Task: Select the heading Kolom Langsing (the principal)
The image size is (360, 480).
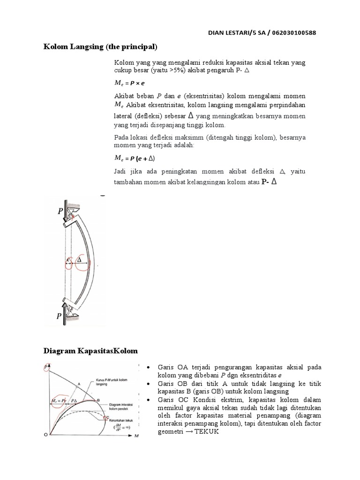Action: (100, 47)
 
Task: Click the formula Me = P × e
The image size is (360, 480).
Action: (130, 82)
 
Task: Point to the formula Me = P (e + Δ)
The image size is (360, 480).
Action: (135, 158)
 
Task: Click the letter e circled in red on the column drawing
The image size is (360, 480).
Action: (69, 259)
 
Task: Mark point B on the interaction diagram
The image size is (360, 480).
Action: (99, 400)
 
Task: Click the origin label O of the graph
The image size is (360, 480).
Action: (45, 435)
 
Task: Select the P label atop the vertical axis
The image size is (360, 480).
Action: (46, 366)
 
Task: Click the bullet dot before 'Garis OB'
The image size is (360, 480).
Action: (148, 384)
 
